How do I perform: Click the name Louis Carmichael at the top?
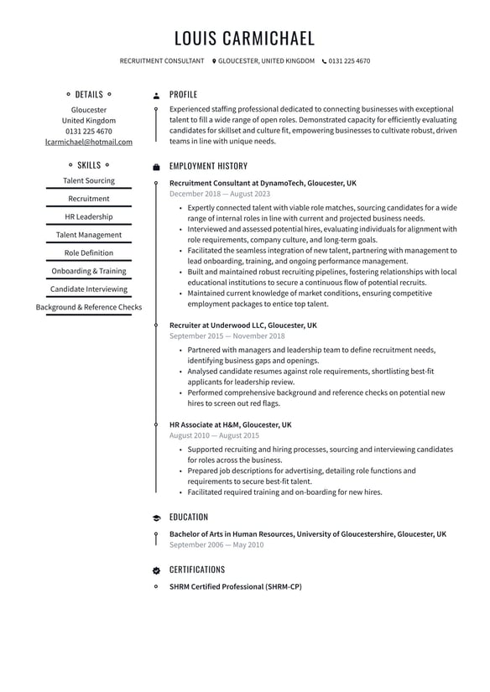(244, 39)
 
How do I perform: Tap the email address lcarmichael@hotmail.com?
(89, 143)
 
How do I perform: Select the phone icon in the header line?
(323, 61)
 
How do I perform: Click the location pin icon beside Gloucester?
(214, 61)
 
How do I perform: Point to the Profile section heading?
(183, 95)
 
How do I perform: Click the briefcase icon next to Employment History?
(156, 167)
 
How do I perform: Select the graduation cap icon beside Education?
(156, 518)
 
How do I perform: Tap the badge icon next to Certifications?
(156, 570)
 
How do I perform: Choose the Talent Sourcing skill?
(89, 181)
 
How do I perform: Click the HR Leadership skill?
(89, 217)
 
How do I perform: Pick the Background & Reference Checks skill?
(89, 308)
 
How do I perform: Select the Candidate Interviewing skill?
(89, 289)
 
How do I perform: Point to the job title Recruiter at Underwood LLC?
(243, 325)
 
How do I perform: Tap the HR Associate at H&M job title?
(231, 425)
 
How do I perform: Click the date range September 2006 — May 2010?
(216, 545)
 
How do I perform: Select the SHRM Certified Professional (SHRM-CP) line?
(235, 587)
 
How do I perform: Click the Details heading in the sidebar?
(89, 95)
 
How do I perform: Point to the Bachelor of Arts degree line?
(308, 534)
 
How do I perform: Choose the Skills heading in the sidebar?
(89, 165)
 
